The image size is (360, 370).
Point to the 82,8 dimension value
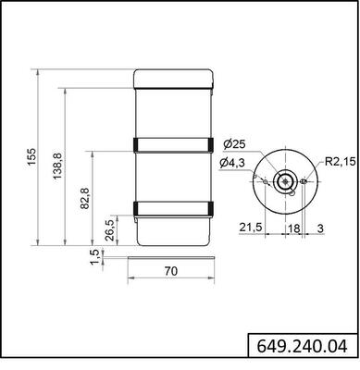coord(84,198)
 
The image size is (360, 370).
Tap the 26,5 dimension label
coord(110,228)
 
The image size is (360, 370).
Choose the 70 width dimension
coord(171,272)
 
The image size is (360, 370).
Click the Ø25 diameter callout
coord(234,144)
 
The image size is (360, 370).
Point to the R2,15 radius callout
coord(339,163)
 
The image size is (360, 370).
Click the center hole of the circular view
coord(288,180)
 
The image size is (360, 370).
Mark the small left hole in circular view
coord(268,180)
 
